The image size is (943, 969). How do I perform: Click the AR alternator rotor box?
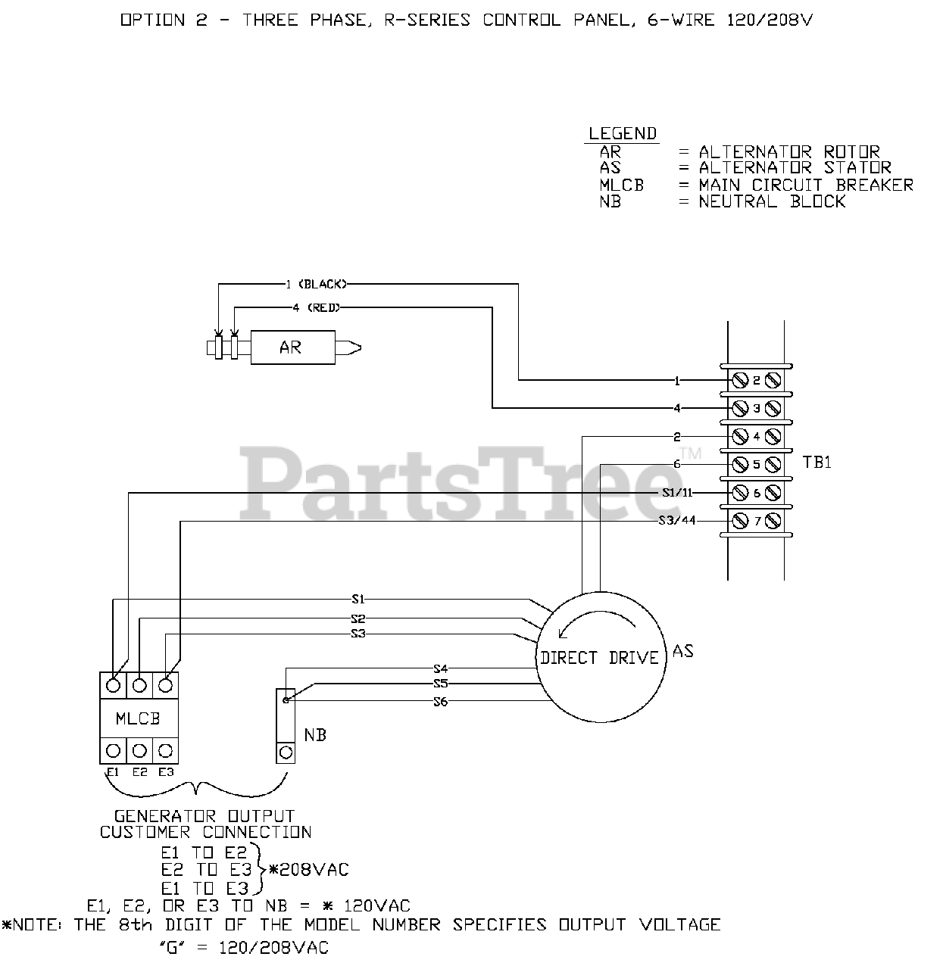point(292,347)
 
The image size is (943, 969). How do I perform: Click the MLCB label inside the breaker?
point(138,718)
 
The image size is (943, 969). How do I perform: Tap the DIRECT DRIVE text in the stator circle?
point(599,658)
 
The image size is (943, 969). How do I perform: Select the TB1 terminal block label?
point(817,463)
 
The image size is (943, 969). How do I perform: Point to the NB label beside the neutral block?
point(315,735)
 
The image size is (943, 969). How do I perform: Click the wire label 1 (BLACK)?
point(317,285)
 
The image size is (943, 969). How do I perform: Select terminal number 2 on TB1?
point(756,380)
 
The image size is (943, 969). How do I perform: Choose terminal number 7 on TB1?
point(756,522)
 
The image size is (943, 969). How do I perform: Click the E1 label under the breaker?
point(113,772)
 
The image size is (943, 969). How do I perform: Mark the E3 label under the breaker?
point(166,772)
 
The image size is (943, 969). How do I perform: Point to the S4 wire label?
point(440,668)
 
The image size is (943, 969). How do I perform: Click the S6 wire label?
point(440,702)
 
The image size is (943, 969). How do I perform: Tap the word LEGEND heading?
point(623,134)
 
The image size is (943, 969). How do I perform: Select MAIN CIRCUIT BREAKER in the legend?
point(806,185)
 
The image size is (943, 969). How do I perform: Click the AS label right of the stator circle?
point(682,651)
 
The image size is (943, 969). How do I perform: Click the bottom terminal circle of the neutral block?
point(286,752)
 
